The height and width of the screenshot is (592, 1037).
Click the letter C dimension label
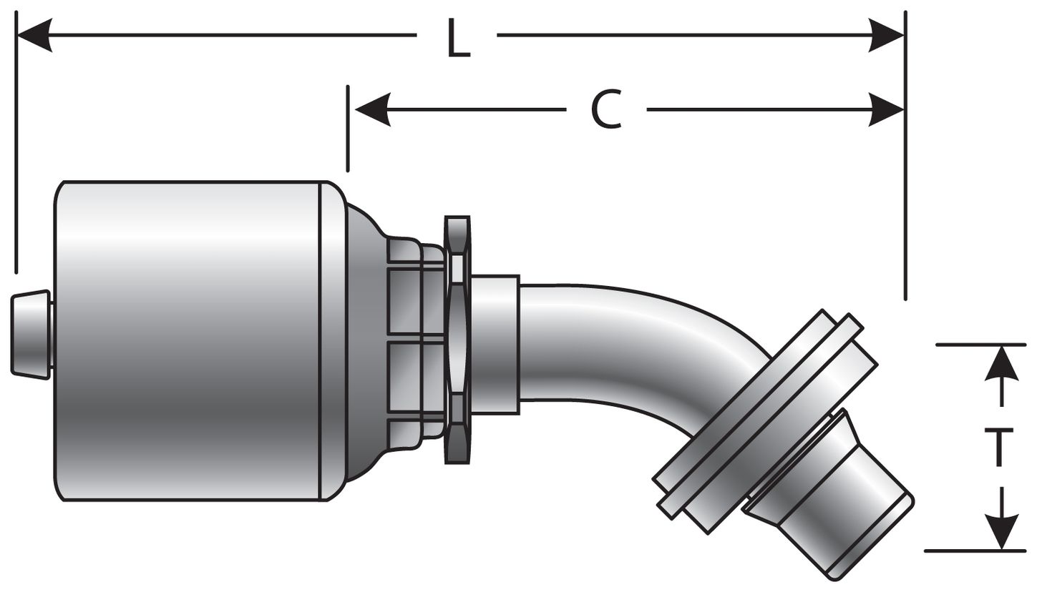click(x=606, y=110)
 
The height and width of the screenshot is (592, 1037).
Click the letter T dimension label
click(x=999, y=447)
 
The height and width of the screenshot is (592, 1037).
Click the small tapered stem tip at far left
click(x=31, y=334)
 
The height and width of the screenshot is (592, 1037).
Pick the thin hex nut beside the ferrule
click(x=457, y=340)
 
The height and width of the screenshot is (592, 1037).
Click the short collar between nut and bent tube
click(x=495, y=344)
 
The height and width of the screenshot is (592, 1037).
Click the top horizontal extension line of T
click(x=980, y=345)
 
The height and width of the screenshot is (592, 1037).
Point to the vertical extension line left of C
click(x=348, y=129)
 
